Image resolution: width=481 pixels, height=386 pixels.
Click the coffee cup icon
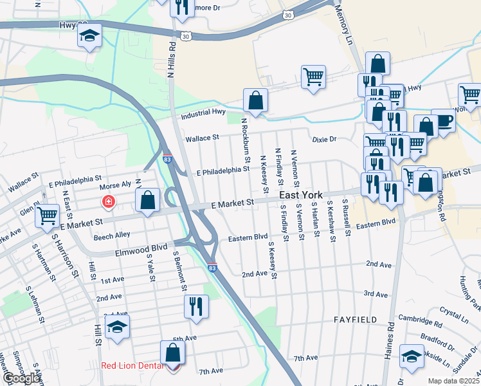point(443,120)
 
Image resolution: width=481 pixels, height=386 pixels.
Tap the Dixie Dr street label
point(324,139)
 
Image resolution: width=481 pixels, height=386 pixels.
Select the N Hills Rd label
point(172,61)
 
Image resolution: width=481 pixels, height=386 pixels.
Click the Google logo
point(21,378)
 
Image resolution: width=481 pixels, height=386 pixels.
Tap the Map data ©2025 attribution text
point(453,381)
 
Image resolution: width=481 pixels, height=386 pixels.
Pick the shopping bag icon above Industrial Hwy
point(255,100)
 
